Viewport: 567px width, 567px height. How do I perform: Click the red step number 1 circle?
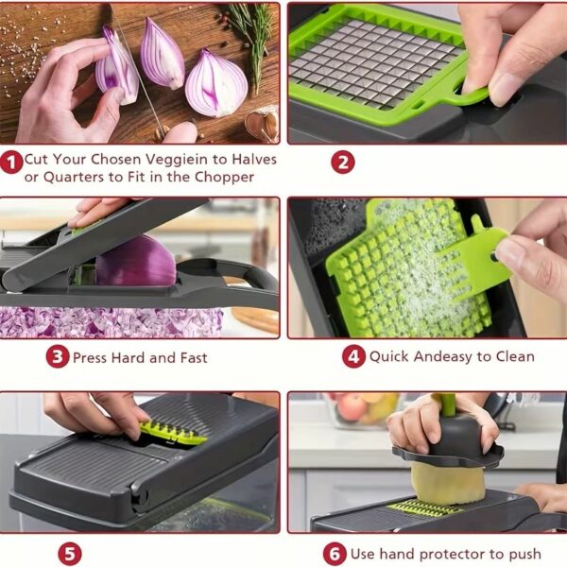pyautogui.click(x=11, y=163)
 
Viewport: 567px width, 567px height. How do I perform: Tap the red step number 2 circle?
pyautogui.click(x=343, y=162)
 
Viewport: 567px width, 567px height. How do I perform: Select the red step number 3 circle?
pyautogui.click(x=58, y=356)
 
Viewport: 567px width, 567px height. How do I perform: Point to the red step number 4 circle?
pyautogui.click(x=353, y=356)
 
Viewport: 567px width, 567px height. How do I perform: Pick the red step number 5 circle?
pyautogui.click(x=70, y=554)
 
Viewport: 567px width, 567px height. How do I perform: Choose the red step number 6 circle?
pyautogui.click(x=335, y=554)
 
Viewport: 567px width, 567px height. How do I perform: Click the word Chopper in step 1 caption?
pyautogui.click(x=225, y=178)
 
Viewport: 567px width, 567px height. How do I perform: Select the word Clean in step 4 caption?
pyautogui.click(x=515, y=356)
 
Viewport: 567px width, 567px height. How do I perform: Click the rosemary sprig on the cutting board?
pyautogui.click(x=254, y=40)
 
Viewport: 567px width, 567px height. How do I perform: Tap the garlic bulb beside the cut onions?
pyautogui.click(x=262, y=124)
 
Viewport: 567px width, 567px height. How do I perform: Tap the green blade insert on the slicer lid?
pyautogui.click(x=173, y=433)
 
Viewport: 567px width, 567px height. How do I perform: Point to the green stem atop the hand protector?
pyautogui.click(x=448, y=404)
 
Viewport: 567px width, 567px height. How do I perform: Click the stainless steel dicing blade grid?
pyautogui.click(x=374, y=63)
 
